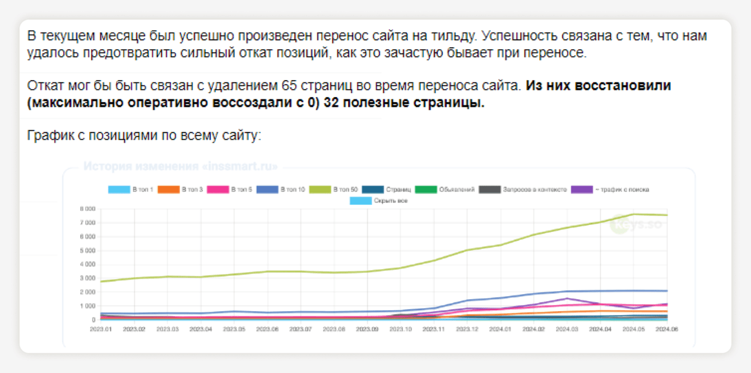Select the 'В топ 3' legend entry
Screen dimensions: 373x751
point(181,190)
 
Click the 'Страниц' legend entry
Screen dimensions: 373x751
point(386,190)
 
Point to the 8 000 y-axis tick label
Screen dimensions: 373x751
point(88,209)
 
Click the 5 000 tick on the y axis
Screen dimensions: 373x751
point(88,250)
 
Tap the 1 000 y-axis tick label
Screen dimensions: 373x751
point(88,306)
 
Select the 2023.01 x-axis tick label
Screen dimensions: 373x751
point(101,329)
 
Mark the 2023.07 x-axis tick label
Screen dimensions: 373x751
point(300,329)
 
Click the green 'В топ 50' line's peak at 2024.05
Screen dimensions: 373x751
point(634,214)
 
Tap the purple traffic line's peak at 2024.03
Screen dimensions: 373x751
point(567,298)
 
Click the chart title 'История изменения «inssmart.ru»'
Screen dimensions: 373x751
point(180,166)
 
